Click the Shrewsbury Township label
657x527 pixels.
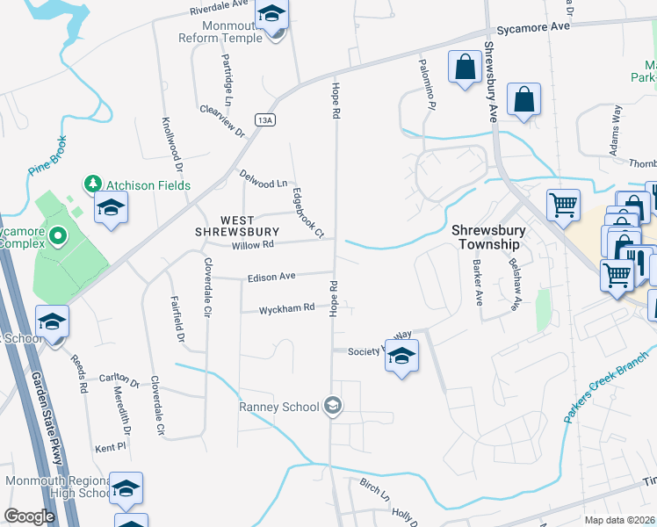(488, 238)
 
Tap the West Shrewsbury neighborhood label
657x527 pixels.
(225, 226)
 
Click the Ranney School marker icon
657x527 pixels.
(333, 405)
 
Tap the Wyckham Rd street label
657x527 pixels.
(286, 309)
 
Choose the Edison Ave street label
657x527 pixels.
(271, 277)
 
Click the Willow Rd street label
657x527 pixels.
(253, 245)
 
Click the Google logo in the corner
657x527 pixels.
(28, 516)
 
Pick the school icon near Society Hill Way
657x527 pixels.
(401, 356)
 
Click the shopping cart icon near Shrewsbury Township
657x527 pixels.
(563, 206)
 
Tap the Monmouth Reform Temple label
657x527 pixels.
(233, 32)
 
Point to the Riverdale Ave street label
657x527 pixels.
(222, 11)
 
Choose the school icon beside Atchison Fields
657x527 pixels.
(112, 208)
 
